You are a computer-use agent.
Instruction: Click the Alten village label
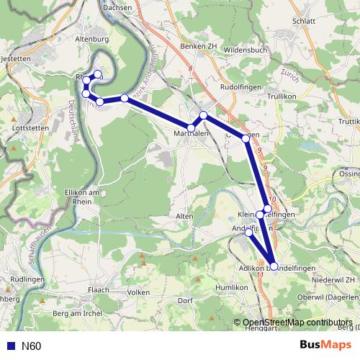pyautogui.click(x=184, y=215)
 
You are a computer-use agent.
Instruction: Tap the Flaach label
pyautogui.click(x=99, y=290)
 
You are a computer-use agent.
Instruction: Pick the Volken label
pyautogui.click(x=138, y=292)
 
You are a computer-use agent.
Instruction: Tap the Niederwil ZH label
pyautogui.click(x=333, y=279)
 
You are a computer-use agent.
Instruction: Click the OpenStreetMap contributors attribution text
pyautogui.click(x=297, y=323)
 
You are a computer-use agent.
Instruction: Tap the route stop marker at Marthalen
pyautogui.click(x=191, y=128)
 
